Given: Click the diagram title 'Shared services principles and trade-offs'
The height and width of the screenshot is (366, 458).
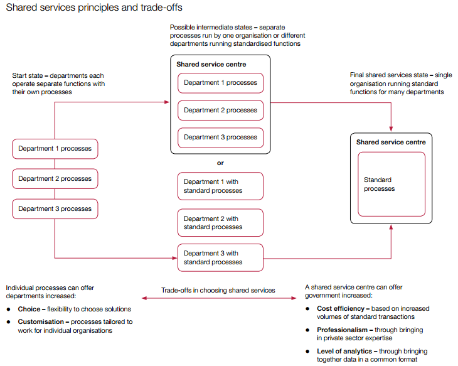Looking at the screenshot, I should coord(94,8).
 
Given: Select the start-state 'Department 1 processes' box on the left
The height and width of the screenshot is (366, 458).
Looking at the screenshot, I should coord(55,149).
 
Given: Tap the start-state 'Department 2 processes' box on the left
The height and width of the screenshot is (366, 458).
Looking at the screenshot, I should coord(55,179).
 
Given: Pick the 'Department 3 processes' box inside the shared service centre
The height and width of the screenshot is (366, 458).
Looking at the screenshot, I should coord(220,137).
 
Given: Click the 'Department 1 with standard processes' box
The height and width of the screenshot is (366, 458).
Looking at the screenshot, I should coord(220,186).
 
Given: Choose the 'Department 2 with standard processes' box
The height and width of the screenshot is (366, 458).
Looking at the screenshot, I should coord(220,223).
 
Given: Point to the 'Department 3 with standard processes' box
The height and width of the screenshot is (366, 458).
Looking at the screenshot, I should coord(220,258).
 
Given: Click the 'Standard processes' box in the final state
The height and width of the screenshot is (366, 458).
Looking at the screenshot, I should coord(391,185).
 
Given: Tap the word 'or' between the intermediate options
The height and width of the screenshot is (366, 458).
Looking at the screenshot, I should coord(220,163).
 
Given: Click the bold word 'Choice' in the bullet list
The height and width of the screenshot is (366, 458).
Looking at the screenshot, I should coord(29,309).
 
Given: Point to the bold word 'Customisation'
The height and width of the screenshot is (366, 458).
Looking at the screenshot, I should coord(41,321).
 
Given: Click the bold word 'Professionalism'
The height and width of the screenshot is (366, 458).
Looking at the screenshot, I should coord(343,330).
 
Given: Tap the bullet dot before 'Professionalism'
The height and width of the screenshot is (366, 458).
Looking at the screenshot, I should coord(308,330).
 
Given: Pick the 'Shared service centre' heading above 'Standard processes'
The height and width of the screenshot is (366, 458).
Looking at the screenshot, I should coord(391,143).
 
